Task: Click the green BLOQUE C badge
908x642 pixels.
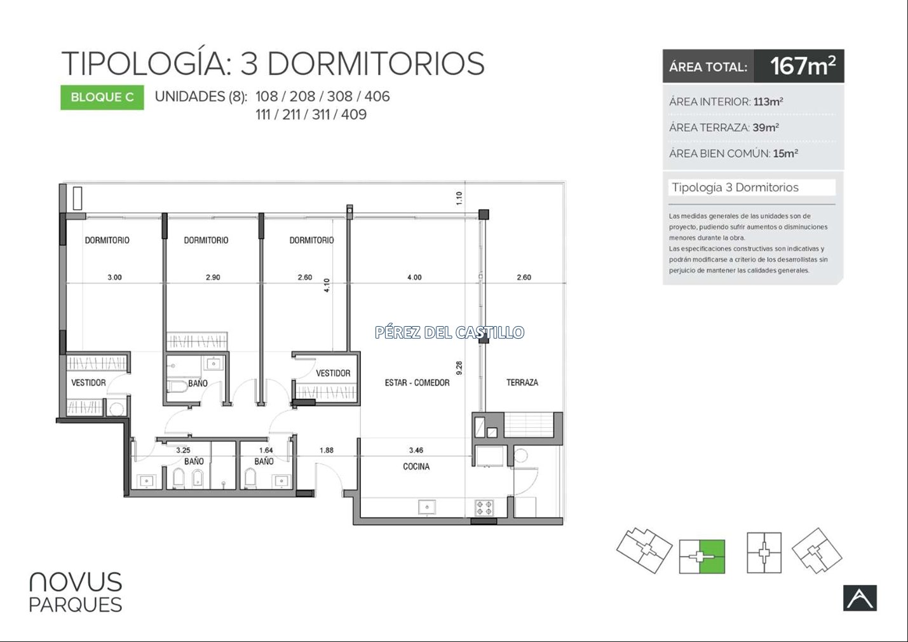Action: click(x=102, y=97)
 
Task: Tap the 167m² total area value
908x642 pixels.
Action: click(x=803, y=66)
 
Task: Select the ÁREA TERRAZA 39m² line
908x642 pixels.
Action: click(x=724, y=127)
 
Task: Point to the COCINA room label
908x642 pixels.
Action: click(x=416, y=467)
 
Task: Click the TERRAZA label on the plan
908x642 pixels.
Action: click(x=522, y=383)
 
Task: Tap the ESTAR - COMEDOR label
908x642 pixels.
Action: click(x=417, y=383)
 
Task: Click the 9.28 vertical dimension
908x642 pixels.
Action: click(x=459, y=368)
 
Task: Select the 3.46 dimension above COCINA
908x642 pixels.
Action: click(x=416, y=450)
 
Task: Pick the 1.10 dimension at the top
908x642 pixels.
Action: click(x=459, y=198)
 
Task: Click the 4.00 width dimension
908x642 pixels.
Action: click(x=414, y=277)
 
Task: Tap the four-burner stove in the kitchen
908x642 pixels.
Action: click(x=484, y=508)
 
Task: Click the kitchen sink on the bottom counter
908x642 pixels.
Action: click(x=427, y=507)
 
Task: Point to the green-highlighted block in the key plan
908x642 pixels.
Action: click(x=712, y=556)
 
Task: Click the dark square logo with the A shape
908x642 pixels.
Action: click(x=860, y=598)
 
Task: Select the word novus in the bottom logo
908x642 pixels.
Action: click(x=76, y=582)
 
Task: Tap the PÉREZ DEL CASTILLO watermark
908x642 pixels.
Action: click(x=449, y=332)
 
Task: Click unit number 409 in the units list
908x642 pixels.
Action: click(x=354, y=115)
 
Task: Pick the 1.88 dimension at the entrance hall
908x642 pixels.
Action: click(x=327, y=450)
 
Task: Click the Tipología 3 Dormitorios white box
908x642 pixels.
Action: click(x=752, y=188)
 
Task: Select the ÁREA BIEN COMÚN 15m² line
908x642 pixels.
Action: click(x=734, y=153)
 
